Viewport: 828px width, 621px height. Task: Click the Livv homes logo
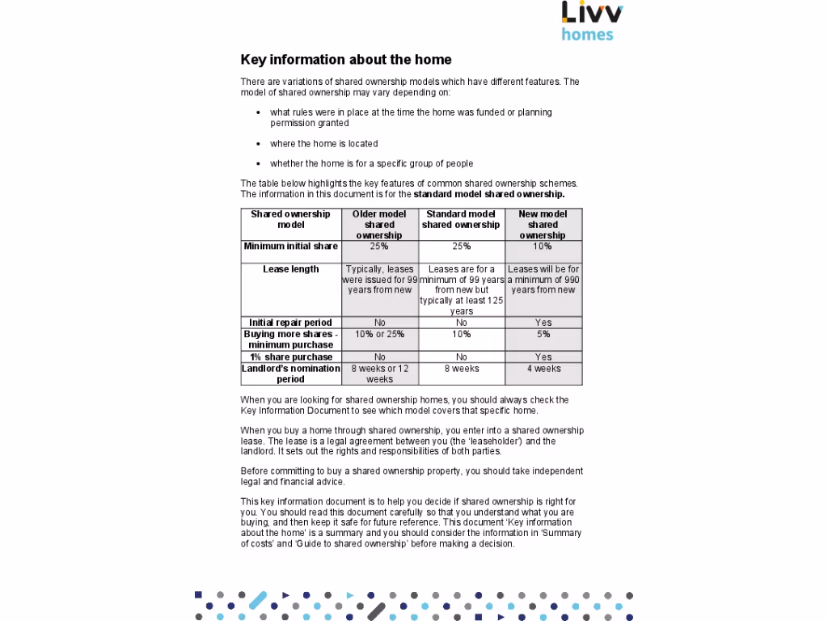592,21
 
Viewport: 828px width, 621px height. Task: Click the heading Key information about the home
345,60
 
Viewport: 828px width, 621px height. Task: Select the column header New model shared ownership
543,225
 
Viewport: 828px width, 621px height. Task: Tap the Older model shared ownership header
379,225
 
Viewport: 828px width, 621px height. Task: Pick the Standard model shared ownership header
461,219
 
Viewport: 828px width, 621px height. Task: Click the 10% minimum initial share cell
543,247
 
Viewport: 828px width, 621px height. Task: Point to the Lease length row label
291,269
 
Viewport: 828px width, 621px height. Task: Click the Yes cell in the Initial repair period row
543,323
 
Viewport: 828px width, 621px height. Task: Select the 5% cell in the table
543,334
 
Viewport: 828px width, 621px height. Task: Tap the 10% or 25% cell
379,334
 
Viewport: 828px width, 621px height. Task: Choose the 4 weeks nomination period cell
543,369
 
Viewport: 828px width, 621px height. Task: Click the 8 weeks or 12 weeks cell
379,374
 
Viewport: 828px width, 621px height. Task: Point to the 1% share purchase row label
291,357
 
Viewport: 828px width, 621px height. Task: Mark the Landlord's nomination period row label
291,374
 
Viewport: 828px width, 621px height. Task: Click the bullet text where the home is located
323,144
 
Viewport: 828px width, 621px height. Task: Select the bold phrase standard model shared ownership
488,195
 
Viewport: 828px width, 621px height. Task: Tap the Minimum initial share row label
291,247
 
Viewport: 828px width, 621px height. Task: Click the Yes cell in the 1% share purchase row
543,357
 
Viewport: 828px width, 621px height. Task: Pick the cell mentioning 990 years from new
543,279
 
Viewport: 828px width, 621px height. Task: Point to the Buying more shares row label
291,339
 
